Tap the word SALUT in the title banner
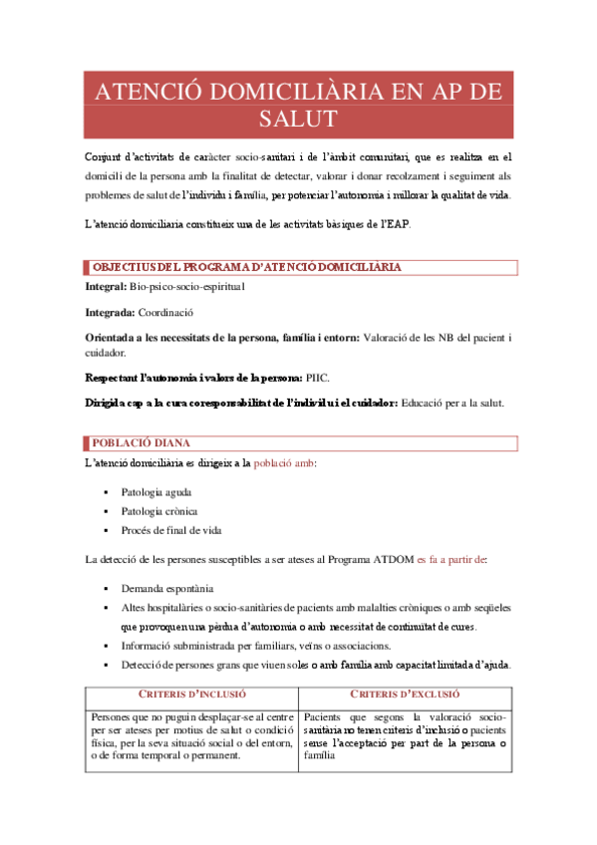[297, 120]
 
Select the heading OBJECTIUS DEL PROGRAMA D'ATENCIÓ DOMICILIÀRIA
[247, 268]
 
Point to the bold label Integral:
[106, 287]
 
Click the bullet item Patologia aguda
[156, 492]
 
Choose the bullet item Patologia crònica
[159, 511]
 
